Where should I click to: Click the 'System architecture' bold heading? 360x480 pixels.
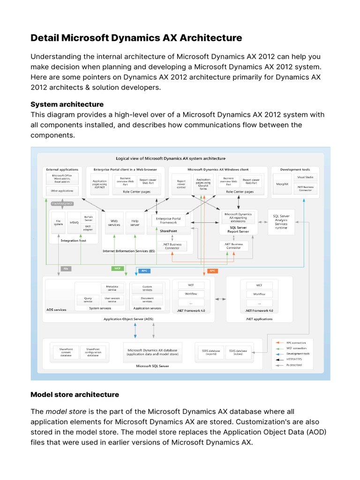(67, 104)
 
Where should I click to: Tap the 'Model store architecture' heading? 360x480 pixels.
(75, 395)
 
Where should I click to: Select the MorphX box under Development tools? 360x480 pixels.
(282, 184)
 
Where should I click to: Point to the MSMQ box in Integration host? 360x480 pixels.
(74, 223)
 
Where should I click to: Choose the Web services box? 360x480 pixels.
(114, 222)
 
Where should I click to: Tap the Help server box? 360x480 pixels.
(135, 222)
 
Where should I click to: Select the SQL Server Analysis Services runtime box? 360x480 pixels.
(281, 221)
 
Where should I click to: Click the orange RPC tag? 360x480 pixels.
(212, 271)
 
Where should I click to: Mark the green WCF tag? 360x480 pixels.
(118, 269)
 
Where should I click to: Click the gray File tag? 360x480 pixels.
(66, 269)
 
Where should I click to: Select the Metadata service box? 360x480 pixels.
(112, 287)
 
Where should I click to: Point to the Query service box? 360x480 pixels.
(88, 300)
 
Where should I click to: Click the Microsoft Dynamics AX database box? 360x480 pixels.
(152, 352)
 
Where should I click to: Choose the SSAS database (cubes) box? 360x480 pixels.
(238, 352)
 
